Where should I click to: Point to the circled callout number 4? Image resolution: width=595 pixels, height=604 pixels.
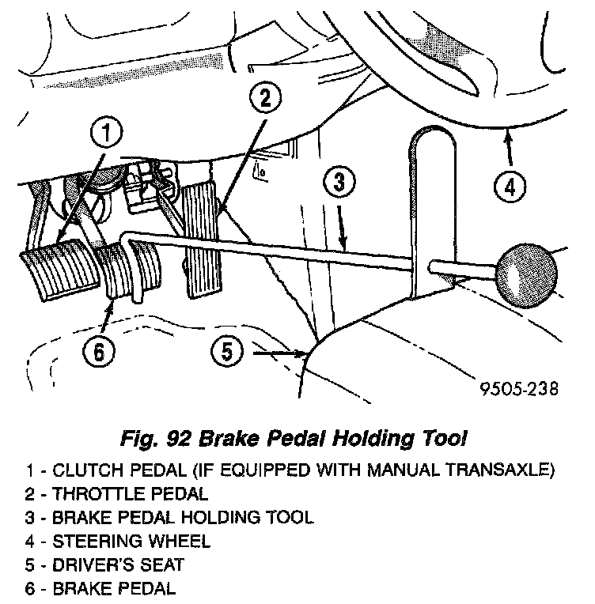pos(509,187)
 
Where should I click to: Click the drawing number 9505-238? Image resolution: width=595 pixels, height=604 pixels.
pos(518,388)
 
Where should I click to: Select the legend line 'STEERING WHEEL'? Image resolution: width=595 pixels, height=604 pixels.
pos(131,542)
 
